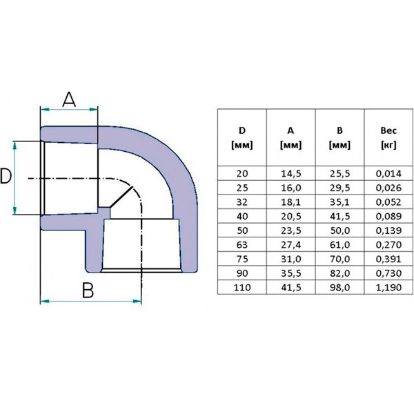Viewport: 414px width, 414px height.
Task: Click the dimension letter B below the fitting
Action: pos(87,290)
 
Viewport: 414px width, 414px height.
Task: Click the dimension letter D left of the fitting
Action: pos(6,177)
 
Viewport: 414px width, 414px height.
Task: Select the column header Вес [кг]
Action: pos(387,137)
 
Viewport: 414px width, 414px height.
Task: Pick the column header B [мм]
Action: pos(339,137)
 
